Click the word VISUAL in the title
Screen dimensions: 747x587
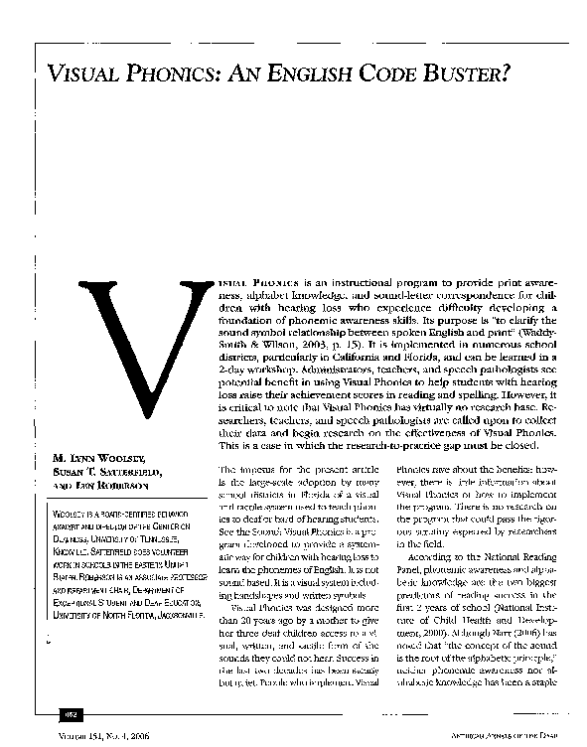[x=90, y=74]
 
